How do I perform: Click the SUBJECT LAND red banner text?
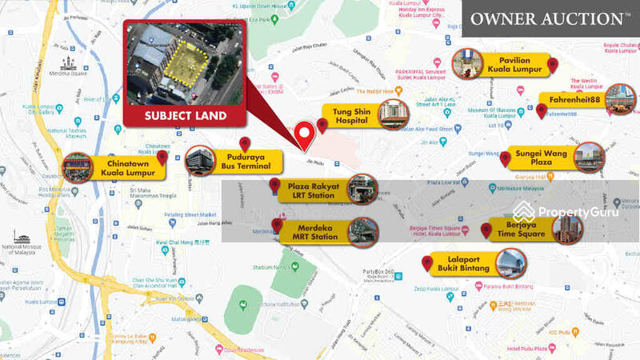186,115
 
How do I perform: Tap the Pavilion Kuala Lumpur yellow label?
514,64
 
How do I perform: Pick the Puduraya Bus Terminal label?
246,161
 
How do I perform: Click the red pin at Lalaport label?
426,262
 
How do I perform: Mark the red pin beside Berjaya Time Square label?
486,230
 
